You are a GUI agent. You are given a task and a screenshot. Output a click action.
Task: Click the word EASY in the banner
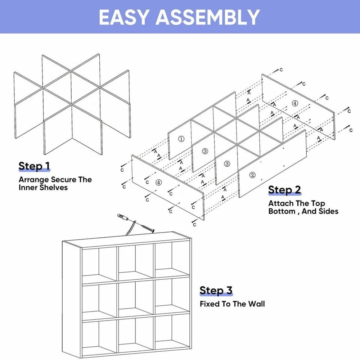(x=124, y=17)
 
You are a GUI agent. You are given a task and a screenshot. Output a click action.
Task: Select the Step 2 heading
(x=284, y=190)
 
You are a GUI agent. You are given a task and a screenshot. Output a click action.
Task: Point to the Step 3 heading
(x=216, y=290)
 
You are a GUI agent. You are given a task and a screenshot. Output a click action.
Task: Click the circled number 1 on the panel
(x=181, y=139)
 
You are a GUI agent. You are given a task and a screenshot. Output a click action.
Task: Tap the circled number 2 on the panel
(x=252, y=175)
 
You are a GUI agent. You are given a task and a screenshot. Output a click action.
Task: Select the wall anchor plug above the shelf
(x=122, y=217)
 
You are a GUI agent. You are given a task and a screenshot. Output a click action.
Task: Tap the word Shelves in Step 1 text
(x=54, y=187)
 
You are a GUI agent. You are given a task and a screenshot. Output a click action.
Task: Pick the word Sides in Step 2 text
(x=328, y=211)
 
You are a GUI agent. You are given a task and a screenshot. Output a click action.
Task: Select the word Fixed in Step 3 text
(x=210, y=304)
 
